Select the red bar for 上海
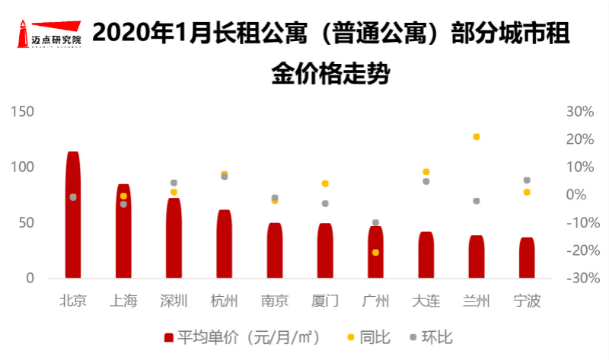123,232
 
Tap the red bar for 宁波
527,259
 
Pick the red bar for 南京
275,251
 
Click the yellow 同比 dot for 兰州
477,137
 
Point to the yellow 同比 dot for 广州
375,252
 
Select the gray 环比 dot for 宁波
527,180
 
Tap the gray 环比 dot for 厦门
325,204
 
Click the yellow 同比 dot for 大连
426,172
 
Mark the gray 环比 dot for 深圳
174,183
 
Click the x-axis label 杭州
224,301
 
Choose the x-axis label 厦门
325,301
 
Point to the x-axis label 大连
426,301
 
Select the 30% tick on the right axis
580,112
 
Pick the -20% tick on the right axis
579,251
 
